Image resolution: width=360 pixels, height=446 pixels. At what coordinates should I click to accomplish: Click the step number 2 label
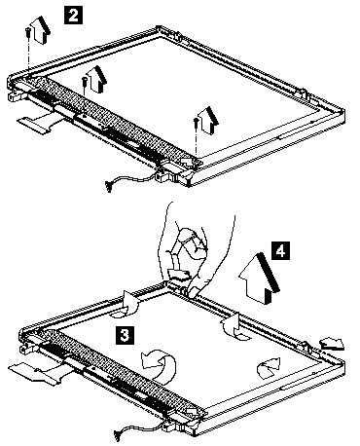[74, 16]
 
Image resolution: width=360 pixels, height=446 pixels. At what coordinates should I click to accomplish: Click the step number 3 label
[125, 335]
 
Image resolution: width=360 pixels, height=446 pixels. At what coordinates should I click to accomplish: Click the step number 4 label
[280, 250]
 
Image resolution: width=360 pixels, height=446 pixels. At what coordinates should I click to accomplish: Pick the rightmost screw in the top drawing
[196, 124]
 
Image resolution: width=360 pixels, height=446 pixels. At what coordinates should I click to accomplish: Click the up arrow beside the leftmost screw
[41, 30]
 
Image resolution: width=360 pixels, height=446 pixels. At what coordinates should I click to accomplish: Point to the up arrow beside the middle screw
[96, 79]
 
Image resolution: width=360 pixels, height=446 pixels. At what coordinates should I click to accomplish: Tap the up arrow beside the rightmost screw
[208, 120]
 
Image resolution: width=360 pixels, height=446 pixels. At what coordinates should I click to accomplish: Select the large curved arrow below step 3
[161, 363]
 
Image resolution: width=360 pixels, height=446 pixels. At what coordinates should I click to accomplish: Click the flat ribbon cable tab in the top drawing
[32, 125]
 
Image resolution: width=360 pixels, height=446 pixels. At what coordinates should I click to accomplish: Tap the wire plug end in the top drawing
[108, 187]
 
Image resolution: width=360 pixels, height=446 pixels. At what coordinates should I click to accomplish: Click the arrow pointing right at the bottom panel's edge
[332, 344]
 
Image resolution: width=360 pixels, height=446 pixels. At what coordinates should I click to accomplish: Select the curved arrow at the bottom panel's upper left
[130, 304]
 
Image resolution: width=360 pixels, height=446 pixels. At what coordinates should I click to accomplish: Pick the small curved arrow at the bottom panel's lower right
[269, 368]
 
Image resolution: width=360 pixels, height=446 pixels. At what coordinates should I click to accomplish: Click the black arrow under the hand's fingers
[178, 275]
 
